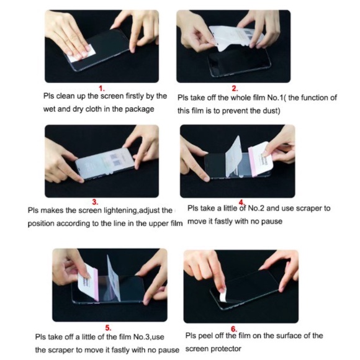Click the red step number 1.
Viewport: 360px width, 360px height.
tap(101, 89)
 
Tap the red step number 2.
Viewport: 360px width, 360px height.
tap(235, 89)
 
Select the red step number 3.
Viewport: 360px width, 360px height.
tap(95, 202)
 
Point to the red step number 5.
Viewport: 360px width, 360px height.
tap(108, 328)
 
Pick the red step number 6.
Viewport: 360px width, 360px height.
tap(234, 329)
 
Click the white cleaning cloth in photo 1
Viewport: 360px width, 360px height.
tap(81, 54)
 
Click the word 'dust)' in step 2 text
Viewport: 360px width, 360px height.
tap(272, 111)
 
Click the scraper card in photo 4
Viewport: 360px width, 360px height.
tap(261, 159)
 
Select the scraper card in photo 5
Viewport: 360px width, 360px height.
tap(88, 282)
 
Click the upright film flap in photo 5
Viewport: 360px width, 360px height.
tap(114, 278)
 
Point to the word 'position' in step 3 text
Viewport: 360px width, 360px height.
tap(41, 223)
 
